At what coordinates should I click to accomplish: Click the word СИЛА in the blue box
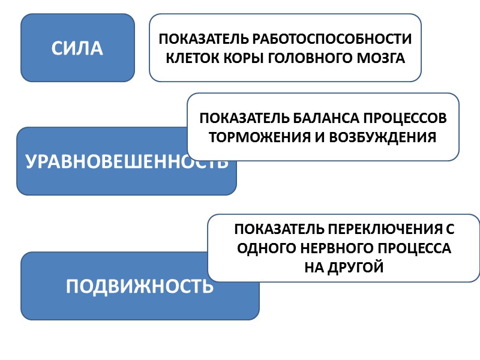click(77, 49)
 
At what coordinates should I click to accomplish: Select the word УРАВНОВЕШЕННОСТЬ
click(127, 161)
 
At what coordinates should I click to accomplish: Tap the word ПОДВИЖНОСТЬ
click(140, 286)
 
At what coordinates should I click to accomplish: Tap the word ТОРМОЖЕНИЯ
click(256, 137)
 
